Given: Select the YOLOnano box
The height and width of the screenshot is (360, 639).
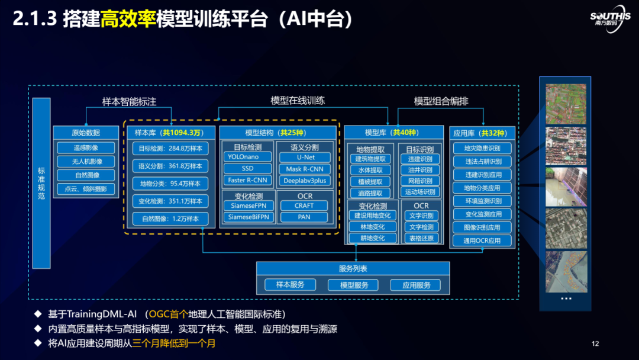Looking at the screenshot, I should pos(248,157).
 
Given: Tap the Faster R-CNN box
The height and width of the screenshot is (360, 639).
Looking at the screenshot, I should pos(248,180).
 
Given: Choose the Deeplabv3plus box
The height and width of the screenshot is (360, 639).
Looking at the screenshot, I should pos(305,180).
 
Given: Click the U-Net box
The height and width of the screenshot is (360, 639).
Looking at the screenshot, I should pos(305,157).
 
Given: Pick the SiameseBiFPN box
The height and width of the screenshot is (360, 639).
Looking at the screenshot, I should pos(248,217).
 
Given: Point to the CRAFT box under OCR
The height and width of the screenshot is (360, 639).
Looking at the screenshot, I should pos(305,205).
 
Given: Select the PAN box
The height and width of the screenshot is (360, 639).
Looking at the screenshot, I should pos(305,217).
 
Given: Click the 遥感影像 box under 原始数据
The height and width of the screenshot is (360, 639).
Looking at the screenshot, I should pos(86,148).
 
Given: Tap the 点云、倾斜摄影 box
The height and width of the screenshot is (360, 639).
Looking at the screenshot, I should pos(86,189).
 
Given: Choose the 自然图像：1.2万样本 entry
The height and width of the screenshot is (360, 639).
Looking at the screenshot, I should pos(170,218).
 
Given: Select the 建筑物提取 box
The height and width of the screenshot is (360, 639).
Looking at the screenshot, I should pos(370,159).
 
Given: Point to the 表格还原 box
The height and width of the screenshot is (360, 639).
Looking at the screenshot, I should pos(421,238).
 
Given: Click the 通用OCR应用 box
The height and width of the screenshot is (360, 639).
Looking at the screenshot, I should pos(482,241).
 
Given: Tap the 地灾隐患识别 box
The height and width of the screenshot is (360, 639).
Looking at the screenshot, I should pos(482,148).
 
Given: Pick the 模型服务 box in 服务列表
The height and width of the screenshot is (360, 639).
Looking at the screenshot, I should pos(353,285).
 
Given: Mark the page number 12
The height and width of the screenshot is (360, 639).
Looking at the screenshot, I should pos(595,343).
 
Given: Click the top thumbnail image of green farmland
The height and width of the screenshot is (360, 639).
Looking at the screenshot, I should pos(566,104).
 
